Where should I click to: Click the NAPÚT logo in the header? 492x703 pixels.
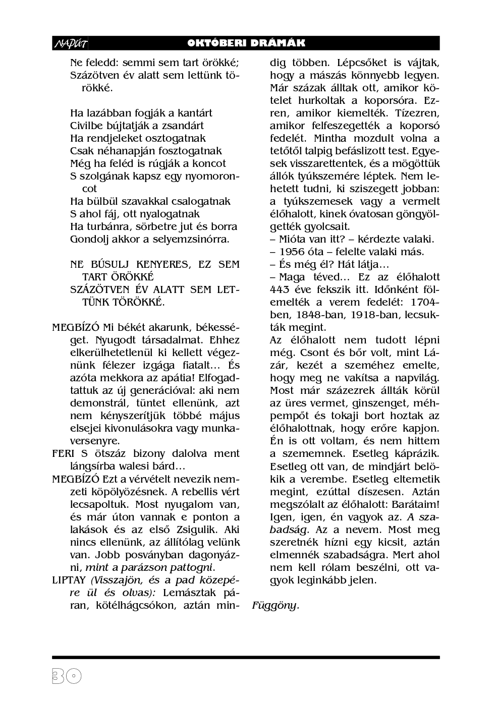[70, 44]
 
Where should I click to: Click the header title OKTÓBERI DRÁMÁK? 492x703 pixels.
[246, 43]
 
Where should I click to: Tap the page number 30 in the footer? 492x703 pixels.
[66, 676]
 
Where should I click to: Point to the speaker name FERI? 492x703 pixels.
[63, 453]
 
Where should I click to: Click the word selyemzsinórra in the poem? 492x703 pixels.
[196, 239]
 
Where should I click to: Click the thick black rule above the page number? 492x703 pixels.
[246, 658]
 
